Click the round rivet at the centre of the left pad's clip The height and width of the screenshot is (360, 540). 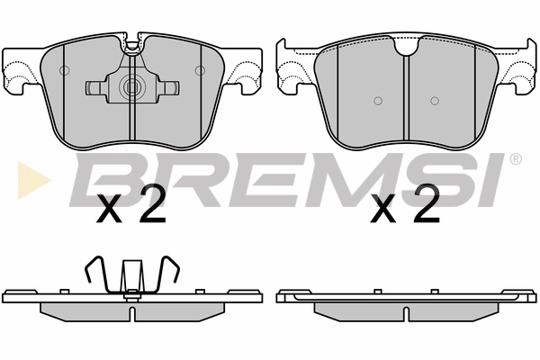131,88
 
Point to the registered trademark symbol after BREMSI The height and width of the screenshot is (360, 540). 515,159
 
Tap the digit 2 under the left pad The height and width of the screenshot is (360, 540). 152,209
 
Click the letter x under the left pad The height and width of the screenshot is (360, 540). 109,212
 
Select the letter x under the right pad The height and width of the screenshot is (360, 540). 384,212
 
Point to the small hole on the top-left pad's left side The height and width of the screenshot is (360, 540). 64,70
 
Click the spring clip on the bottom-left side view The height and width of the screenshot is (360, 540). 131,274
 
